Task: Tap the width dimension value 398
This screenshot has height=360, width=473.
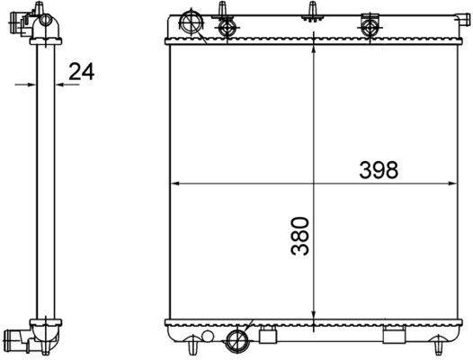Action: [379, 169]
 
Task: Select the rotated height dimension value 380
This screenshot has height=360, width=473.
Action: [300, 236]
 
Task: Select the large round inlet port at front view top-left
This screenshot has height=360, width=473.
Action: [192, 21]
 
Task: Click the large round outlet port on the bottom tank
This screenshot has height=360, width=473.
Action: [239, 340]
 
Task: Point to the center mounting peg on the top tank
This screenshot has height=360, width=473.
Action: [313, 11]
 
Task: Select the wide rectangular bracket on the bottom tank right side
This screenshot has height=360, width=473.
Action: [396, 337]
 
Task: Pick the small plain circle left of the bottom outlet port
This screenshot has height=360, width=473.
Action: [215, 337]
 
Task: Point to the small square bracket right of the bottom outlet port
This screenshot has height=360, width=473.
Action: [266, 337]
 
